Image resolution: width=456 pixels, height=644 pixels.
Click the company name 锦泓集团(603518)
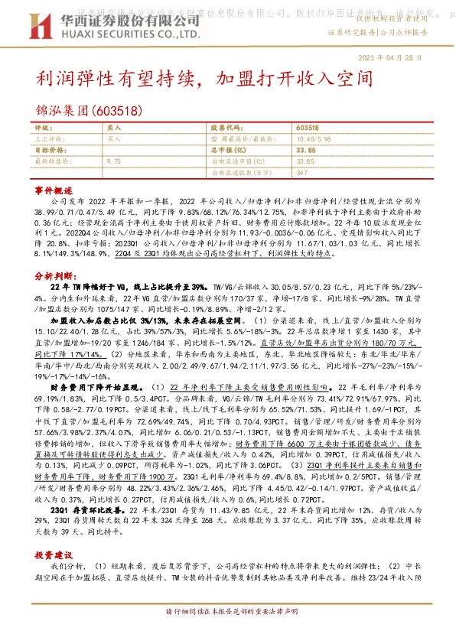(x=90, y=110)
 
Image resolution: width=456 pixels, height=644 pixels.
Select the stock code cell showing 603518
(x=307, y=128)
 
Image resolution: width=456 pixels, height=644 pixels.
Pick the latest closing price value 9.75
(x=114, y=161)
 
